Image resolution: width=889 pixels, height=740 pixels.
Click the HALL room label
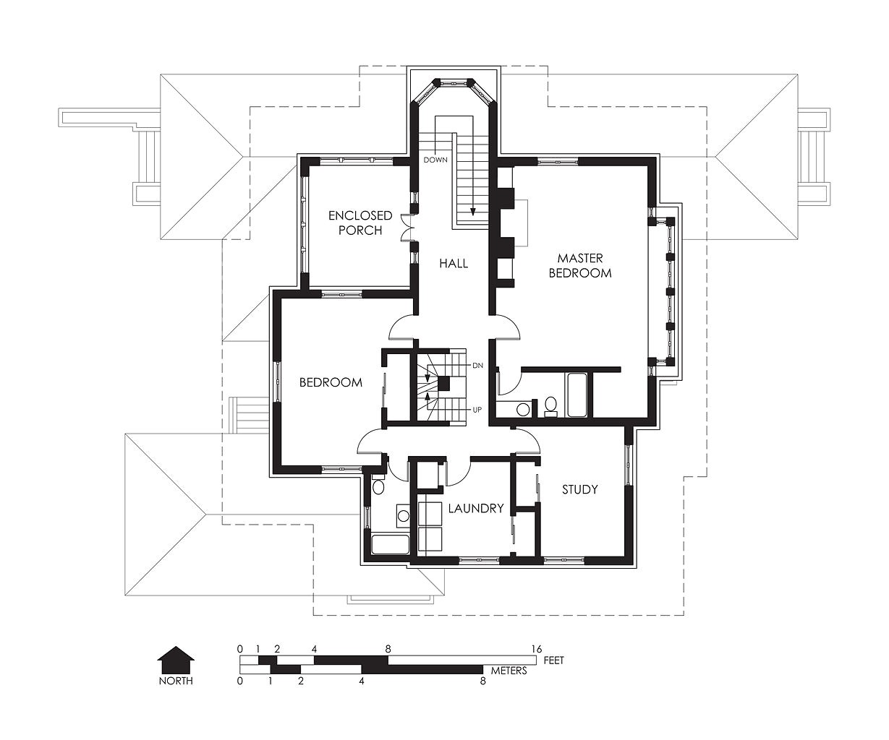pos(454,263)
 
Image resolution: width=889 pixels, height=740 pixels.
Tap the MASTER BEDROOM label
pos(580,265)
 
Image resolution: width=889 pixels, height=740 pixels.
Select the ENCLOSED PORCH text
pos(360,223)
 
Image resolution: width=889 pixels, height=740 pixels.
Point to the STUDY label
pos(580,489)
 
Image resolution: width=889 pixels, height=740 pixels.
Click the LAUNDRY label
pos(476,508)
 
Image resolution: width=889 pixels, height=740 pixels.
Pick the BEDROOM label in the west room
pos(331,382)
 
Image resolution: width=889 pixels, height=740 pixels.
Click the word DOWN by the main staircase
pos(435,160)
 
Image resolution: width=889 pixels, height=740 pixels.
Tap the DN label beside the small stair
pos(477,366)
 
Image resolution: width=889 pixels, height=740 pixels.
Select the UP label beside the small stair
pos(477,410)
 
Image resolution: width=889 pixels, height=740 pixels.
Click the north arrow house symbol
pos(176,660)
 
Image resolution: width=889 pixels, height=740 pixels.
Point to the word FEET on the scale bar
pos(553,661)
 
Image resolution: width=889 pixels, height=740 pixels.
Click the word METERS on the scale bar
pos(509,671)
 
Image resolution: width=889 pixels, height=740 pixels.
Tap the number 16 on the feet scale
pos(537,650)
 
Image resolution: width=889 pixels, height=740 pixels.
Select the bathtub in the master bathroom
pos(577,395)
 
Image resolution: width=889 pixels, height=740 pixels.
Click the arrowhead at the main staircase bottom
pos(472,212)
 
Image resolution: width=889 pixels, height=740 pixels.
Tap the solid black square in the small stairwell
pos(444,384)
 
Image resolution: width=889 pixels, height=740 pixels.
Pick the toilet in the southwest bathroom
pos(378,486)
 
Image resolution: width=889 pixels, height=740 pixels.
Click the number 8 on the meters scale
pos(482,681)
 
